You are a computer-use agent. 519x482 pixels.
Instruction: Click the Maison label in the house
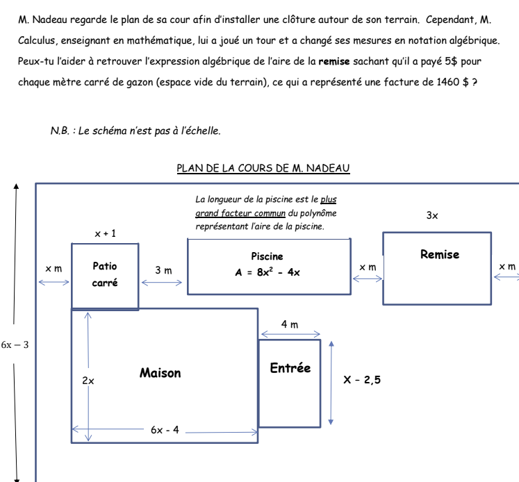click(x=160, y=374)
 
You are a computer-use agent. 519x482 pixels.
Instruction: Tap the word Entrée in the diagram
click(x=290, y=368)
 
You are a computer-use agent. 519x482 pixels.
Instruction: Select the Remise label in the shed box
click(x=440, y=254)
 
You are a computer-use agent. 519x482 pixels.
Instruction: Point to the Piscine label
click(x=267, y=256)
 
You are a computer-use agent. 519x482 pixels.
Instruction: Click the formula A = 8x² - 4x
click(x=267, y=272)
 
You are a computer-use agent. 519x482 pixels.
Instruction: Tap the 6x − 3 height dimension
click(x=15, y=344)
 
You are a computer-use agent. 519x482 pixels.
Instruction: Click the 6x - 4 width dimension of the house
click(x=165, y=430)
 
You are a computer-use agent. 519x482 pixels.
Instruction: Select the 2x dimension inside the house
click(x=88, y=381)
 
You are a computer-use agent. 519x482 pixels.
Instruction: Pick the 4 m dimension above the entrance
click(x=290, y=324)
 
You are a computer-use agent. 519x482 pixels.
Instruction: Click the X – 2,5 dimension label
click(x=362, y=380)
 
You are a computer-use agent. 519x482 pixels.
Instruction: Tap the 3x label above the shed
click(x=432, y=216)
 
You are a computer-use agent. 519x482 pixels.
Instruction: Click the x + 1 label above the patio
click(x=106, y=233)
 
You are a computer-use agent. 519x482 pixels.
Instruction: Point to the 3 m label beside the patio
click(x=163, y=269)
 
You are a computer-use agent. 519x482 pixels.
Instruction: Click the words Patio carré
click(x=105, y=274)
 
